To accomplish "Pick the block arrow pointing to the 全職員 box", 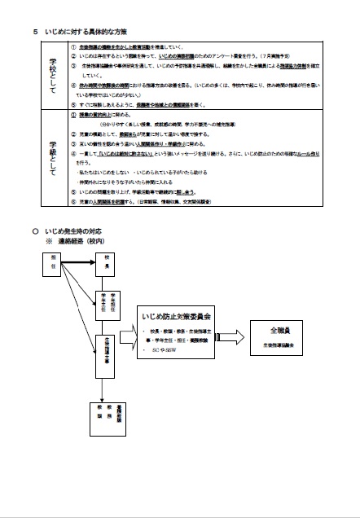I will coord(234,337).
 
